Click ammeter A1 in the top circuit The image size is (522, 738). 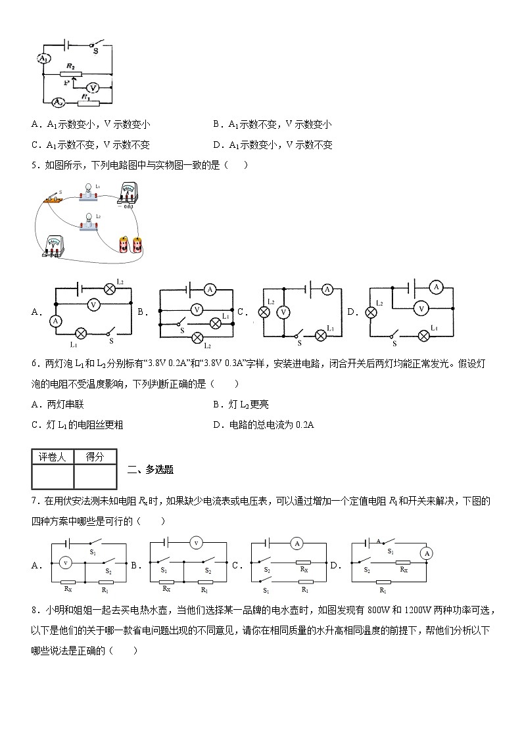click(43, 58)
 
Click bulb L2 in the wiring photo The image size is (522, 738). click(87, 222)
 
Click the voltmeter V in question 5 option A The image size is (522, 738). click(93, 304)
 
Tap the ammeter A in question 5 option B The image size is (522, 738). click(210, 289)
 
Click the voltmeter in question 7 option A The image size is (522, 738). click(64, 563)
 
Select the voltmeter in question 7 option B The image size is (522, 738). click(195, 543)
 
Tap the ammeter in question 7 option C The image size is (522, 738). click(297, 543)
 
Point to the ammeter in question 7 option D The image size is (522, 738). click(427, 553)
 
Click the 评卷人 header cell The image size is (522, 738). click(53, 457)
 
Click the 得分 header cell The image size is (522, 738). click(95, 457)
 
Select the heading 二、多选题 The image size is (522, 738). click(150, 469)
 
